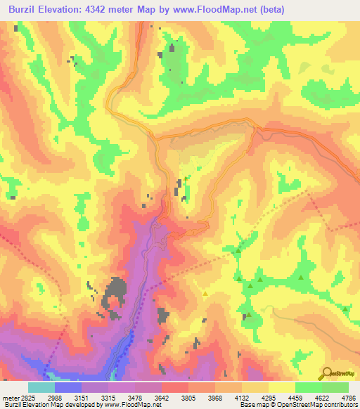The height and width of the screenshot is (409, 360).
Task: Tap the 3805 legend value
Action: pyautogui.click(x=188, y=398)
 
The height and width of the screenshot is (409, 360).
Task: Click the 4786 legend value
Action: pyautogui.click(x=348, y=398)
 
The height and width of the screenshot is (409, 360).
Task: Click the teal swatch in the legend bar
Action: pyautogui.click(x=41, y=387)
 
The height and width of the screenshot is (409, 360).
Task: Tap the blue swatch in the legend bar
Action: pyautogui.click(x=68, y=387)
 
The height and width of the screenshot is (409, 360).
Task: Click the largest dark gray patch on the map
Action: pyautogui.click(x=116, y=290)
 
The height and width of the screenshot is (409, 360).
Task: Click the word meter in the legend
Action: pyautogui.click(x=8, y=398)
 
